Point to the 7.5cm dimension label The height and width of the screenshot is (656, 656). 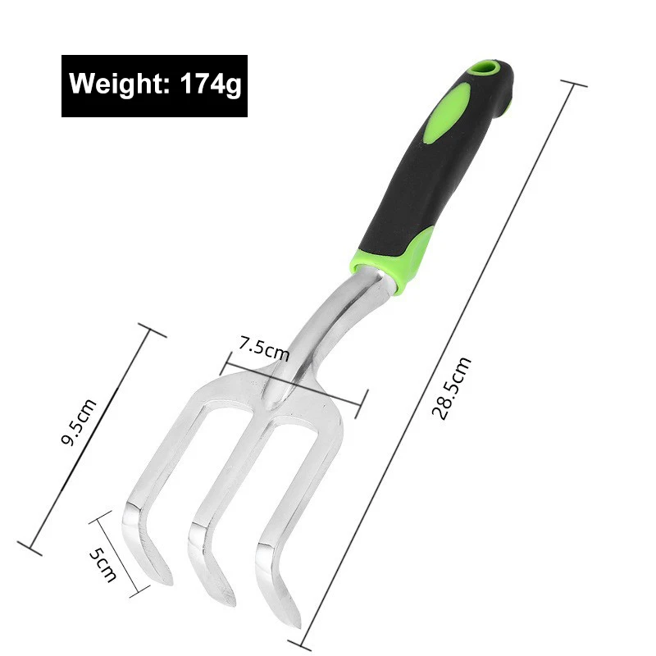pos(263,348)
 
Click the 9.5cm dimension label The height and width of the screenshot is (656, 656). pos(80,422)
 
